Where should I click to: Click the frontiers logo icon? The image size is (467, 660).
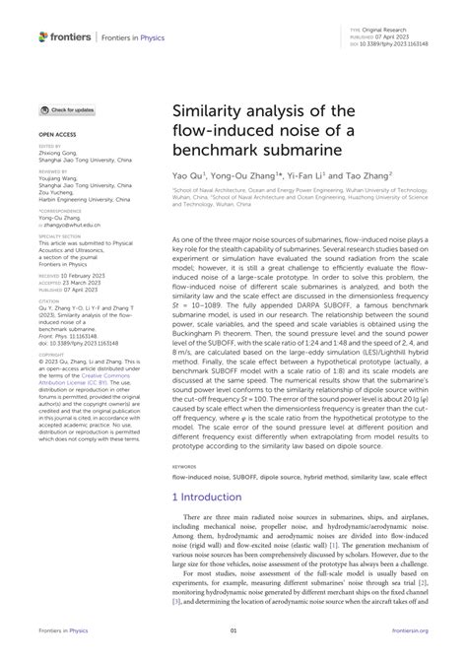(44, 36)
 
